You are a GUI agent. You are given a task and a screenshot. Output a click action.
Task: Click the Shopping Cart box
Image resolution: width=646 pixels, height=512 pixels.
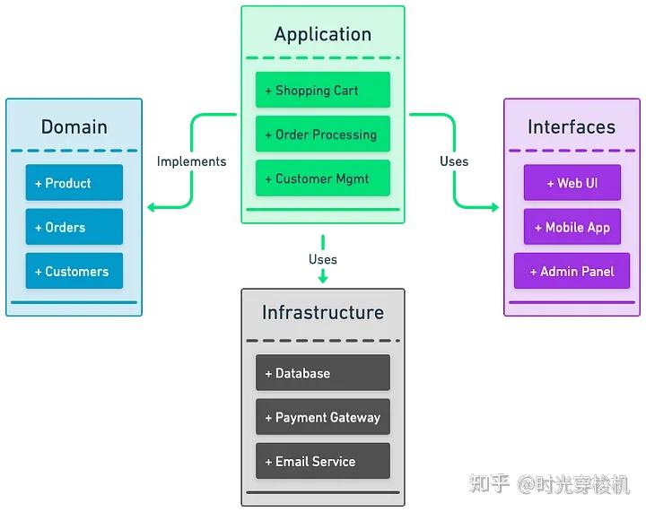[x=323, y=90]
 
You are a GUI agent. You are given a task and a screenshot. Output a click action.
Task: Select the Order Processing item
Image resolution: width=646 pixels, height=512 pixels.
[x=323, y=134]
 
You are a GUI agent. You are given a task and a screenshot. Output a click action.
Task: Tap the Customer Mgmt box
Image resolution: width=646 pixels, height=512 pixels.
[x=323, y=178]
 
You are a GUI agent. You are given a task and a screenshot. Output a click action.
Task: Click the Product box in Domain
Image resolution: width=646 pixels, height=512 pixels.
[x=74, y=182]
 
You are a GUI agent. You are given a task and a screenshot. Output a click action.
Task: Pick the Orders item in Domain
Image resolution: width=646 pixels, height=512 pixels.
[x=74, y=226]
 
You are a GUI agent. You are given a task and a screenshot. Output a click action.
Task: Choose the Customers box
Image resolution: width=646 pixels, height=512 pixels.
[x=74, y=271]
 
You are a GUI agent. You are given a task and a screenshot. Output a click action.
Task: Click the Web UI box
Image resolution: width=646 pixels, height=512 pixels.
[x=572, y=182]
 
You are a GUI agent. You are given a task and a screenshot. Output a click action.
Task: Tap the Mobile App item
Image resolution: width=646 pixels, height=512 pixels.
[x=572, y=226]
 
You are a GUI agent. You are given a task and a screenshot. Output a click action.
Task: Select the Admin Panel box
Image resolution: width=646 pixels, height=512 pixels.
[x=572, y=271]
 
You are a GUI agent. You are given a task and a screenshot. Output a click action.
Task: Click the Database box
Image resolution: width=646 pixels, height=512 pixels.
[x=323, y=372]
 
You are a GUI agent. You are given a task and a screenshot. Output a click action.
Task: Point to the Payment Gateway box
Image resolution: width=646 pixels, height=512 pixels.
[x=323, y=417]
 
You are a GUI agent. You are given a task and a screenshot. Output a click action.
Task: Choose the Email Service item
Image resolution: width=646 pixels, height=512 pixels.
[x=323, y=461]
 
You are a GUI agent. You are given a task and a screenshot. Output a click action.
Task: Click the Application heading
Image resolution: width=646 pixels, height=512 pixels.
[x=323, y=34]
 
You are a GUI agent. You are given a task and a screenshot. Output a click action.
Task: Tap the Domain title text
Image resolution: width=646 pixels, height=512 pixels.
[x=74, y=126]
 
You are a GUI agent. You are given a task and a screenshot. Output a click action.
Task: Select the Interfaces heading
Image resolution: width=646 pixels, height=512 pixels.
[x=572, y=126]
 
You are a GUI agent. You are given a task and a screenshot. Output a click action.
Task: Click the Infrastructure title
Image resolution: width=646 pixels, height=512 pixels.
[x=323, y=312]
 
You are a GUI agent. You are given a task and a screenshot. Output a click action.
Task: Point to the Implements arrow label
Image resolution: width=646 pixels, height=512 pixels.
[x=192, y=161]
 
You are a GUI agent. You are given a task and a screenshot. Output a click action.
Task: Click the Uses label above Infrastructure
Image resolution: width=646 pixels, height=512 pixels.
[x=323, y=259]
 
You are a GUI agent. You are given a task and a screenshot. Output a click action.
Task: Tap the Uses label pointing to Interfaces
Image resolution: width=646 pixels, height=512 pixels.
[x=454, y=161]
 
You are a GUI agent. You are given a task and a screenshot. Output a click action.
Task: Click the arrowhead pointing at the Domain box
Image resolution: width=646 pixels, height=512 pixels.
[x=152, y=206]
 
